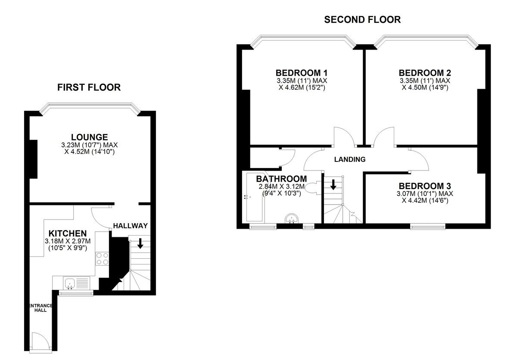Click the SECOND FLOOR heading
(x=362, y=20)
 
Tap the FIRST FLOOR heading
(x=89, y=87)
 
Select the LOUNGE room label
(x=89, y=137)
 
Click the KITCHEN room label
(x=68, y=233)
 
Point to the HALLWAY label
(x=131, y=226)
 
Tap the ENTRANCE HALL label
(x=40, y=308)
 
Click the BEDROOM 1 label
(x=302, y=73)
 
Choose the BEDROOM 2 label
(x=425, y=73)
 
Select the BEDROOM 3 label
(x=425, y=186)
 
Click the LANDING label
(x=350, y=159)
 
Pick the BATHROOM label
(x=282, y=179)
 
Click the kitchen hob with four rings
(x=102, y=258)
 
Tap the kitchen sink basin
(x=69, y=284)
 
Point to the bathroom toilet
(x=313, y=188)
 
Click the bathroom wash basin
(x=292, y=218)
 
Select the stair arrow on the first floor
(x=140, y=244)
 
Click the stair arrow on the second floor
(x=333, y=184)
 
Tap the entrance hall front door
(x=40, y=342)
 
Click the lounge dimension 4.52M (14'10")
(x=90, y=152)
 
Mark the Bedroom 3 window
(x=428, y=227)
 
